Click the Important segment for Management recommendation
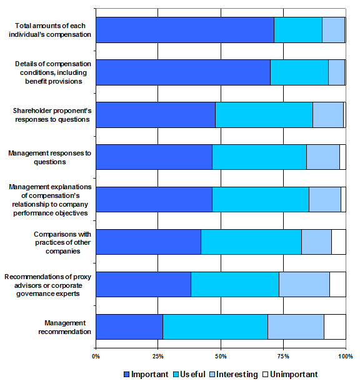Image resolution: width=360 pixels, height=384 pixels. point(129,327)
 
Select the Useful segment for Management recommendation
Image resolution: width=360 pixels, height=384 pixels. point(215,327)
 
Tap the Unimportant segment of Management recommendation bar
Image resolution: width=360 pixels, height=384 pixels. point(335,327)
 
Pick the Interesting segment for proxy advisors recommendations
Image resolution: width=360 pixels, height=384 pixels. point(304,284)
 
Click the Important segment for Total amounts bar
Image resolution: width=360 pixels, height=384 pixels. point(185,30)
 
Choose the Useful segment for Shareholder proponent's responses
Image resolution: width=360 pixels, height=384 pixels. point(264,115)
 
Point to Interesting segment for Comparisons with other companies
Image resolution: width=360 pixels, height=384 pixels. point(316,242)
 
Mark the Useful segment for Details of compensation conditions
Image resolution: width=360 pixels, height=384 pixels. point(299,72)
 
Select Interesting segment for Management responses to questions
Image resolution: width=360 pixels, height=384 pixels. point(323,157)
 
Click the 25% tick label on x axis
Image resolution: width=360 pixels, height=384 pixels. point(158,357)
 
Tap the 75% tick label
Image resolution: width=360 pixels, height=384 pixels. point(284,357)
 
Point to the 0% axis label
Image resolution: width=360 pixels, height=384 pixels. point(96,357)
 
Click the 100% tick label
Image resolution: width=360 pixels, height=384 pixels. point(346,357)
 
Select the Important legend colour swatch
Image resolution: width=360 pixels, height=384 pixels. point(126,375)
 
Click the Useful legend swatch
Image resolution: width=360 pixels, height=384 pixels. point(176,375)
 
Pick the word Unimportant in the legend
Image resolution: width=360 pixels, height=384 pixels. point(294,375)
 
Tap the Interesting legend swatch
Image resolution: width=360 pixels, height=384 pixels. point(212,375)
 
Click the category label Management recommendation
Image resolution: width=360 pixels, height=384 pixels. point(65,327)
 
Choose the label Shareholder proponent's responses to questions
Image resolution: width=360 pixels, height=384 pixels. point(52,115)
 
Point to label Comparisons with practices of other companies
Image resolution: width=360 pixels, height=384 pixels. point(62,242)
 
